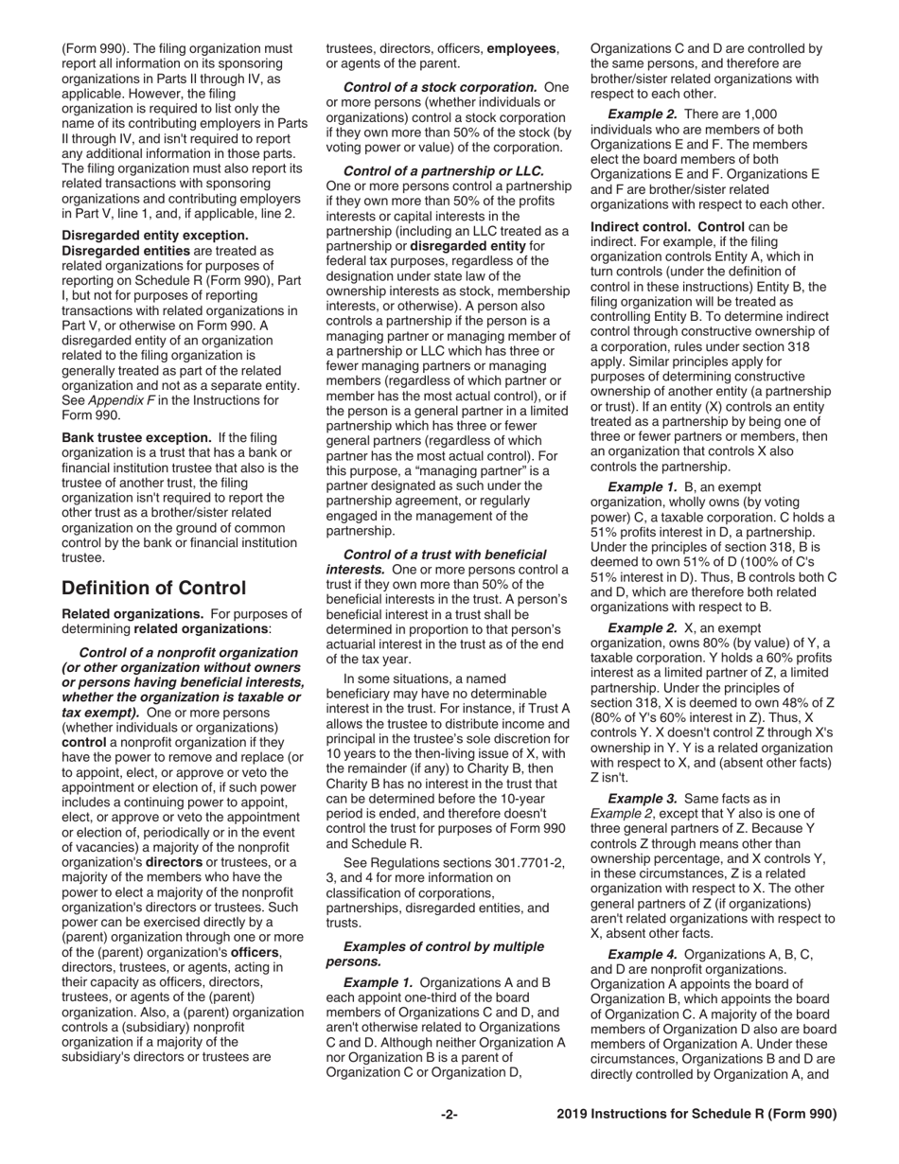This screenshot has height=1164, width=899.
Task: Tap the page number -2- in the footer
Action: [x=449, y=1115]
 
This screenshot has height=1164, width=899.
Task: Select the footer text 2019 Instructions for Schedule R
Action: [x=696, y=1115]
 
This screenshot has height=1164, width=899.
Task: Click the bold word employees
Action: [x=522, y=48]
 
